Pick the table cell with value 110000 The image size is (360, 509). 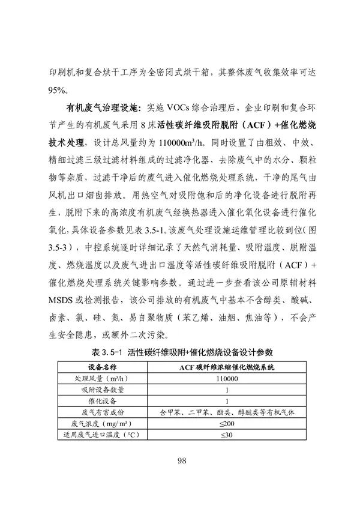pos(226,379)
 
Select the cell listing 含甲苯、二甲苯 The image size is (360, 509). pos(226,412)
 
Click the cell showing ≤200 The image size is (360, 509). pos(226,423)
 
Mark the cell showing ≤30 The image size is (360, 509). pos(226,434)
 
